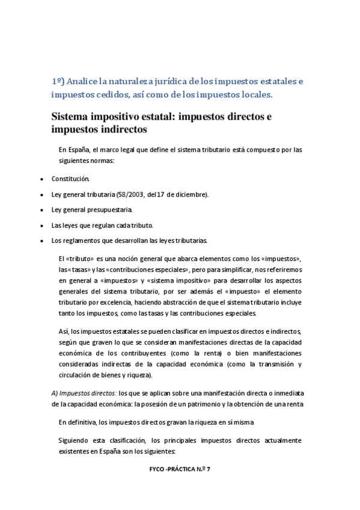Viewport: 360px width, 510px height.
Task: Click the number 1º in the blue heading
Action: click(x=57, y=81)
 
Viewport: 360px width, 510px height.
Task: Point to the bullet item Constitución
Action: click(x=70, y=179)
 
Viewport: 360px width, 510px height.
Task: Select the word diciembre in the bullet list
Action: click(x=188, y=194)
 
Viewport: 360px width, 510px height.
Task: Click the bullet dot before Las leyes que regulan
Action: click(x=40, y=226)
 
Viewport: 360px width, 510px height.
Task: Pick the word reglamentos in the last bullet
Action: click(x=81, y=241)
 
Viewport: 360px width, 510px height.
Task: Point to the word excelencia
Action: click(x=117, y=302)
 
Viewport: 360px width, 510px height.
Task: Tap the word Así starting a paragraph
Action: click(x=64, y=331)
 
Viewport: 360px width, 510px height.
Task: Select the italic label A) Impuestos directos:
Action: click(x=88, y=392)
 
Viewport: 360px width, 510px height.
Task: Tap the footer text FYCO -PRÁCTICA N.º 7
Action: click(x=179, y=469)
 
